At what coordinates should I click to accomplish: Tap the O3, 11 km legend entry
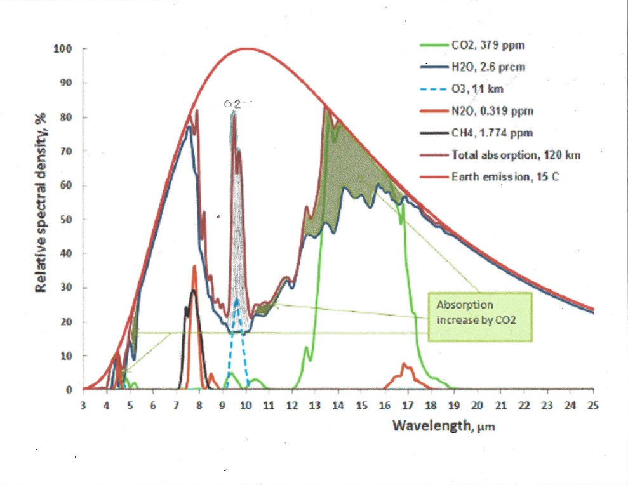click(476, 89)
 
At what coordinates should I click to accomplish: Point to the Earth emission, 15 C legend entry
click(497, 176)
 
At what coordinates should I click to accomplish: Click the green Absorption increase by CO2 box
click(478, 312)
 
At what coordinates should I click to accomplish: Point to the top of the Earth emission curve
click(246, 48)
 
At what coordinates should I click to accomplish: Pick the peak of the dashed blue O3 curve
click(237, 300)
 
